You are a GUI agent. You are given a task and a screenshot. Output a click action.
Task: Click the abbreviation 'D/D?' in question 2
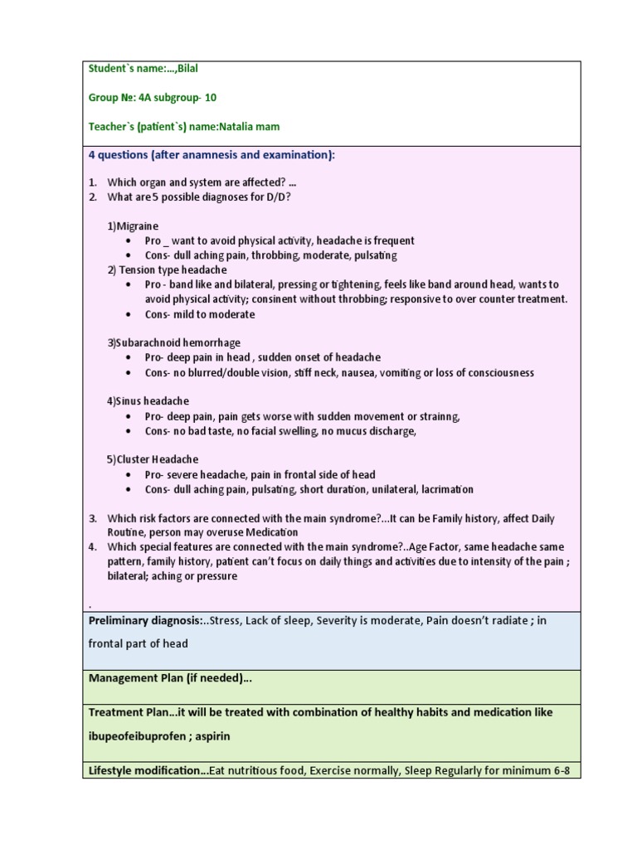(x=277, y=196)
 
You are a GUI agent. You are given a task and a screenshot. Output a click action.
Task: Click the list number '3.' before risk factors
(x=94, y=518)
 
